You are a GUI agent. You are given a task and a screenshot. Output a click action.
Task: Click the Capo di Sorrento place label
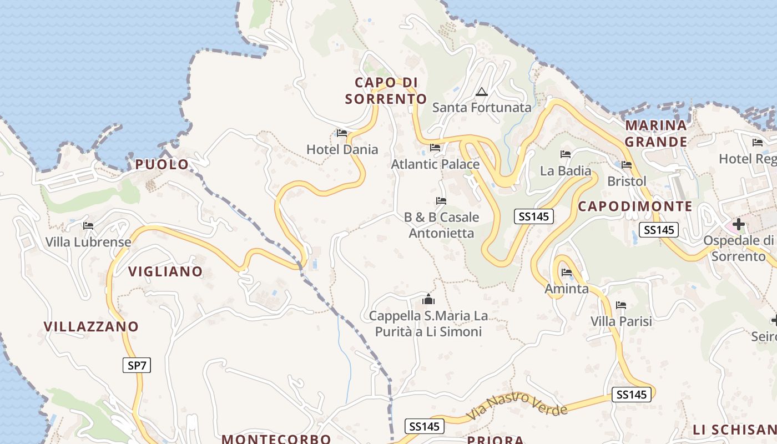pyautogui.click(x=386, y=90)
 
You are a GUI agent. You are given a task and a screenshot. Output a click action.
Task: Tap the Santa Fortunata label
pyautogui.click(x=482, y=108)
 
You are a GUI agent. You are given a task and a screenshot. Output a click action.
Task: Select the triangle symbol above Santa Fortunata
pyautogui.click(x=481, y=92)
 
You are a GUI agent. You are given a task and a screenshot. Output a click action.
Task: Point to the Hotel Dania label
pyautogui.click(x=342, y=149)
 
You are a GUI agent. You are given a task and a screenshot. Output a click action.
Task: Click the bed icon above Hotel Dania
pyautogui.click(x=342, y=133)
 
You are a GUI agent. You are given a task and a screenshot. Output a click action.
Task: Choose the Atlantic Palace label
pyautogui.click(x=435, y=164)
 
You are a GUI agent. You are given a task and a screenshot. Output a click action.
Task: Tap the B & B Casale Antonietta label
pyautogui.click(x=441, y=225)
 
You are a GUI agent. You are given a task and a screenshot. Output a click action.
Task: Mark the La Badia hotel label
pyautogui.click(x=566, y=171)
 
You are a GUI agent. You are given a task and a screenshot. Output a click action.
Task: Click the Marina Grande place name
pyautogui.click(x=656, y=133)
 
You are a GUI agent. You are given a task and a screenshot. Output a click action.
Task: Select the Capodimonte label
pyautogui.click(x=635, y=206)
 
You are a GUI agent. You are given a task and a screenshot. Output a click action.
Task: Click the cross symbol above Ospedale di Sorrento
pyautogui.click(x=739, y=224)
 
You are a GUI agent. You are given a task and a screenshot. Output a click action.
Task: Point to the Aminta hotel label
pyautogui.click(x=566, y=289)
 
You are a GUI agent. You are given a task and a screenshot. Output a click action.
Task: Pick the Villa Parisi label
pyautogui.click(x=621, y=321)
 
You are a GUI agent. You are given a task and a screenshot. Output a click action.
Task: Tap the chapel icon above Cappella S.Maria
pyautogui.click(x=428, y=300)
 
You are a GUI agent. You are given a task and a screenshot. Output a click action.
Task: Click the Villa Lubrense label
pyautogui.click(x=88, y=242)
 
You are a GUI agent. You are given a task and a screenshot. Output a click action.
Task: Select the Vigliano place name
pyautogui.click(x=165, y=271)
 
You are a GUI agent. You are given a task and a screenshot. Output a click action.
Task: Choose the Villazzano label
pyautogui.click(x=91, y=326)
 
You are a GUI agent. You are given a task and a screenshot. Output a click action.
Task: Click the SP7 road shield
pyautogui.click(x=137, y=365)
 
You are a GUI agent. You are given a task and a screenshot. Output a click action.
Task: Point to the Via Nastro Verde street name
pyautogui.click(x=517, y=405)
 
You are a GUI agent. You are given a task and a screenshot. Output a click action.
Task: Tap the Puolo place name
pyautogui.click(x=162, y=164)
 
